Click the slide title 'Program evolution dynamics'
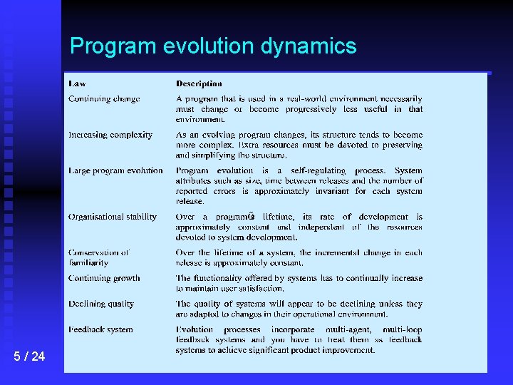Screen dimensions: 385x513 coord(213,46)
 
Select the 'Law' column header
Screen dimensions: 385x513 coord(77,84)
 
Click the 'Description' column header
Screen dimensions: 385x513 coord(199,84)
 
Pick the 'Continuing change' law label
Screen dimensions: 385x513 coord(104,99)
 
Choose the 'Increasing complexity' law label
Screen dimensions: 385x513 coord(110,135)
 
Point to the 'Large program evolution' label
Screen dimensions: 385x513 coord(115,170)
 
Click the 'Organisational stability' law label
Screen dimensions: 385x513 coord(113,217)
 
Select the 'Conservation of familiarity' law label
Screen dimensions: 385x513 coord(98,257)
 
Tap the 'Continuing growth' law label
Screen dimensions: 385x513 coord(104,278)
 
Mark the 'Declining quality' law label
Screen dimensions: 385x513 coord(101,304)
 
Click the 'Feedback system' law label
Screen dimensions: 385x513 coord(100,329)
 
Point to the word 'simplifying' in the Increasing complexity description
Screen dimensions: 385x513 coord(215,155)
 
